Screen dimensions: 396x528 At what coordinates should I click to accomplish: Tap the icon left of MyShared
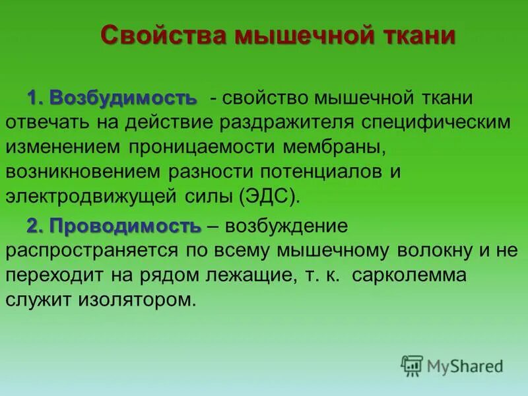coord(412,366)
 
